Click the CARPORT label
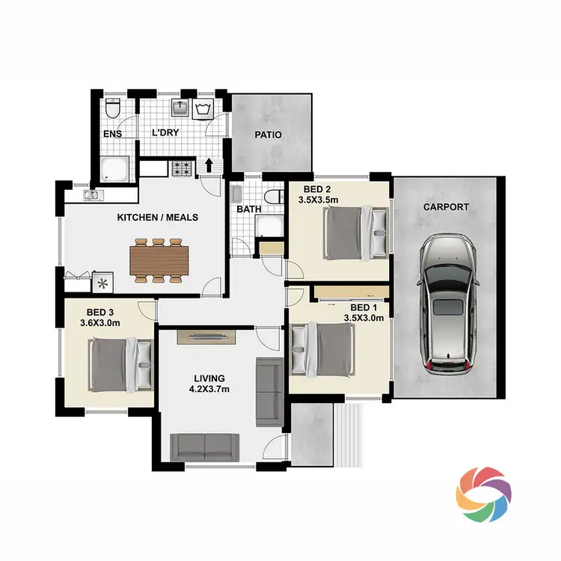tap(446, 207)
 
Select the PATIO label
tap(268, 135)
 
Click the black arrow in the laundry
tap(210, 165)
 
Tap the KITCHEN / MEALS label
tap(157, 218)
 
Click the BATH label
tap(249, 209)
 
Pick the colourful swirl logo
tap(484, 494)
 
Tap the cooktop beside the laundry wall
tap(182, 169)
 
